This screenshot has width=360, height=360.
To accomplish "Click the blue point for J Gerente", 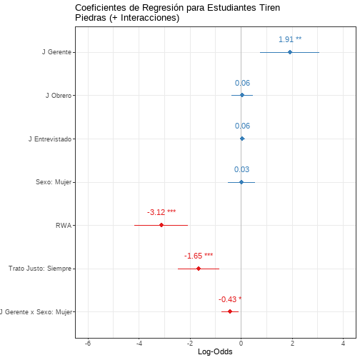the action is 290,52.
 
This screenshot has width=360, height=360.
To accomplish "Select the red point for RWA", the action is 161,225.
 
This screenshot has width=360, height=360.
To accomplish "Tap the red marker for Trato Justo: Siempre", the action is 199,269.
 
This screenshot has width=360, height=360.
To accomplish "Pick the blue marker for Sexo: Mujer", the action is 241,182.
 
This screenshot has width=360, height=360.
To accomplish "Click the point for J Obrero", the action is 242,95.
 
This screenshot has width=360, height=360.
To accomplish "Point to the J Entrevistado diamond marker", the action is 242,139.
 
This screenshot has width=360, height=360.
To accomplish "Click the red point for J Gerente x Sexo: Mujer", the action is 230,311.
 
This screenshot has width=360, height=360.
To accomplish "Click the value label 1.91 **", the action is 290,39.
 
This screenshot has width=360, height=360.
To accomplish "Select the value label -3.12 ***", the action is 161,212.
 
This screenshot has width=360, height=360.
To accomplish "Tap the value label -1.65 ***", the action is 199,256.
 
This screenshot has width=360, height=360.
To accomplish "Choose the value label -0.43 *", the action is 230,299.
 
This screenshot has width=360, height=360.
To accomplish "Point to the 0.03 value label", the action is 241,169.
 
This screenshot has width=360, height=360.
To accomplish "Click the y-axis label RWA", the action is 64,226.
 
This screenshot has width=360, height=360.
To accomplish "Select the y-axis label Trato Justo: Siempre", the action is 40,269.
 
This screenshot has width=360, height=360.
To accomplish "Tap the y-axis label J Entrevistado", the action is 50,139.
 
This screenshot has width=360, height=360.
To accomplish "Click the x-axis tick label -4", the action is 139,344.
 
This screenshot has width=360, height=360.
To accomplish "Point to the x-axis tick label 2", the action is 292,344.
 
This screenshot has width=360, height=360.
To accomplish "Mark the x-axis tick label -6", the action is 88,344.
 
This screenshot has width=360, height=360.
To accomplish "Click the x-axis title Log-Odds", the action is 215,351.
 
